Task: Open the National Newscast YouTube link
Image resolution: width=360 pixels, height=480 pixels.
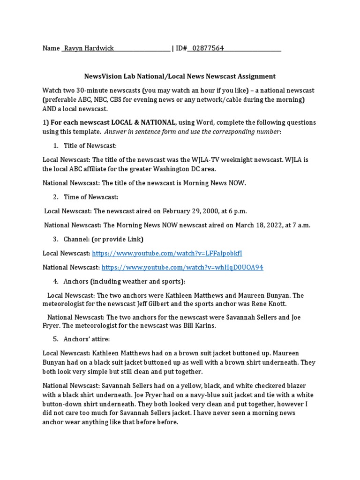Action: click(x=182, y=267)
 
